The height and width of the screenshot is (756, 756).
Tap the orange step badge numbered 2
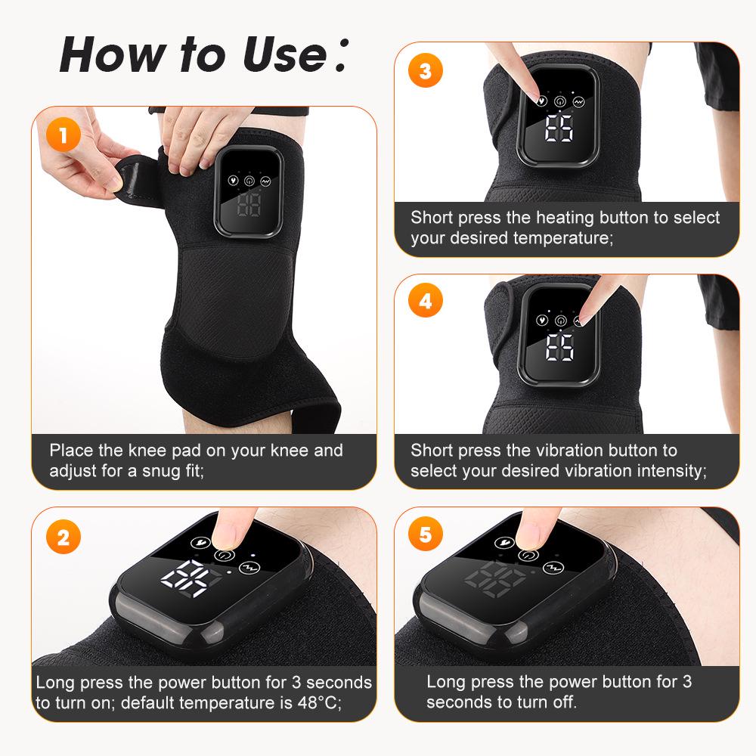63,538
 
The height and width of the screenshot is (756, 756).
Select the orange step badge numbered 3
425,71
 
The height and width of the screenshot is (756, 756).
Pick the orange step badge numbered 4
425,301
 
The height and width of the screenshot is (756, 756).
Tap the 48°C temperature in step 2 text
311,702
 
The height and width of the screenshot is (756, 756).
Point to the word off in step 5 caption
563,702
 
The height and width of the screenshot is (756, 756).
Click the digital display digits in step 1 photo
249,204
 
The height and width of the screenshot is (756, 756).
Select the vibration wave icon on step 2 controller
247,568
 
